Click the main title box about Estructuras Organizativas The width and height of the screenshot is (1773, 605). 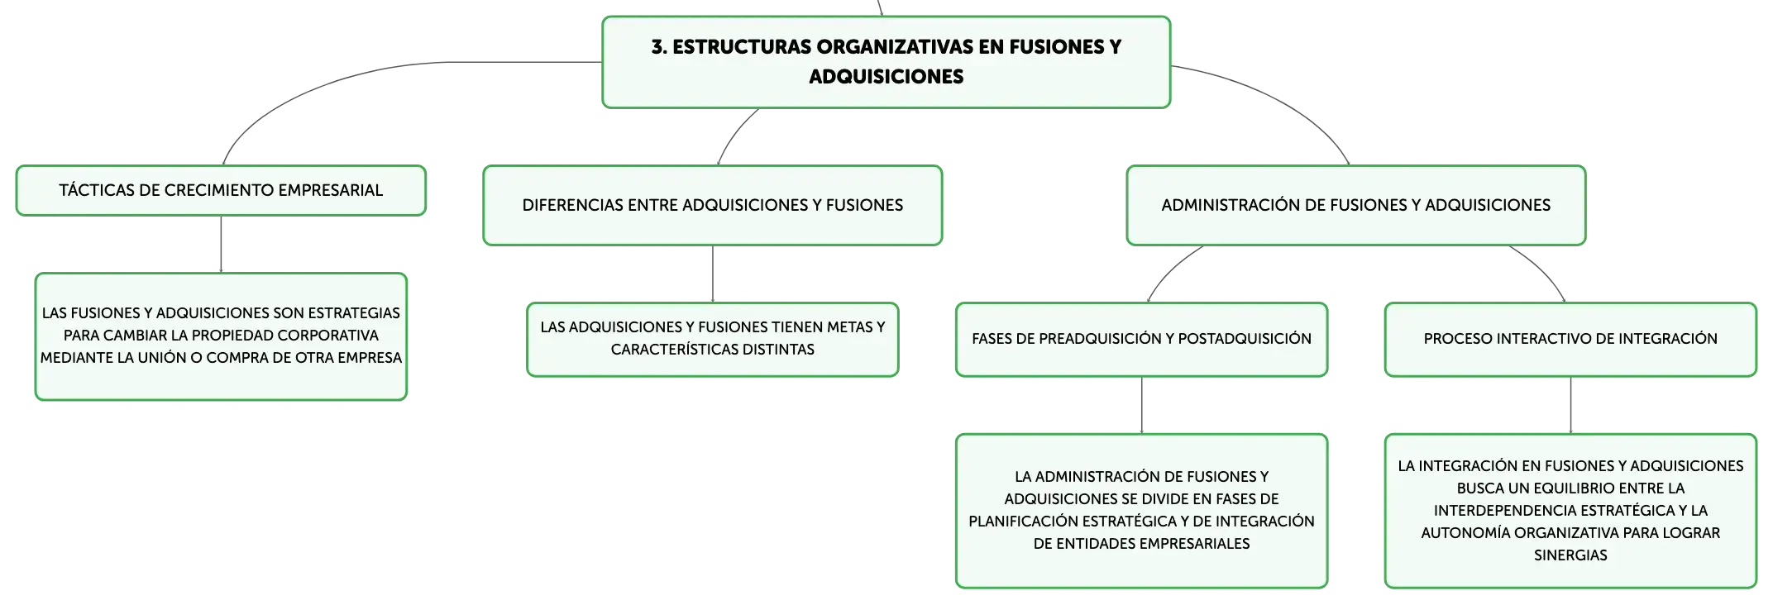point(886,62)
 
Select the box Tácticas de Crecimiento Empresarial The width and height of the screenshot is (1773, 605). point(221,191)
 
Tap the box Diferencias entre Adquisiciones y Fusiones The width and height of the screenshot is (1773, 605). point(713,205)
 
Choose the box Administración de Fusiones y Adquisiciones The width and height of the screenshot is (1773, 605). point(1356,205)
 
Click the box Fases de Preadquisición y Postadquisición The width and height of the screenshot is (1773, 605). point(1142,340)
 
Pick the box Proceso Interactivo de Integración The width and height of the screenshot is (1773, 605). point(1570,340)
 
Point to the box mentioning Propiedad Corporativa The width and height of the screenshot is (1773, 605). point(221,336)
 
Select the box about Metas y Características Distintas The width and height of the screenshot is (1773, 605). point(713,340)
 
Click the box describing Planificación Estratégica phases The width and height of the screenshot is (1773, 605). point(1142,511)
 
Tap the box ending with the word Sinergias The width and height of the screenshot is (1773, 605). point(1570,511)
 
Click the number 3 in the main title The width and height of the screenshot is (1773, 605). point(657,47)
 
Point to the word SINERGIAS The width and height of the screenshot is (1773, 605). point(1570,555)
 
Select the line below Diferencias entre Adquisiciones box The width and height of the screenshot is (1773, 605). point(713,274)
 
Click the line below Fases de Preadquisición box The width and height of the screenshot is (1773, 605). point(1142,406)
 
